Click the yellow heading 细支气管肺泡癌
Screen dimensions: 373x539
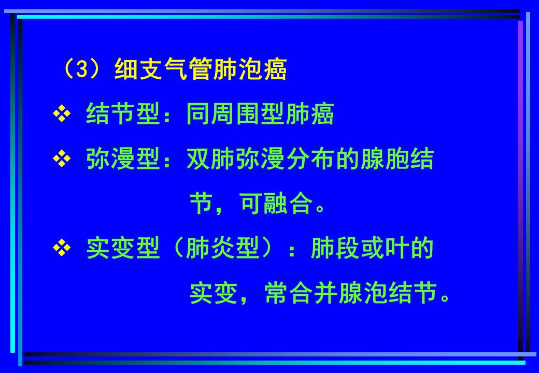(200, 70)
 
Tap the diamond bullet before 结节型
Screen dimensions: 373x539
(61, 114)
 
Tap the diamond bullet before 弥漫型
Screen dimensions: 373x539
(61, 160)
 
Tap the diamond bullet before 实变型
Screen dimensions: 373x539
(61, 250)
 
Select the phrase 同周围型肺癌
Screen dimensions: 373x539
(260, 114)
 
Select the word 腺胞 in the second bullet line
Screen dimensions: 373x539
(384, 160)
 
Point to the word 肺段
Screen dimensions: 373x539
(334, 250)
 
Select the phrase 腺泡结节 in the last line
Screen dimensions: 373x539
(384, 294)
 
